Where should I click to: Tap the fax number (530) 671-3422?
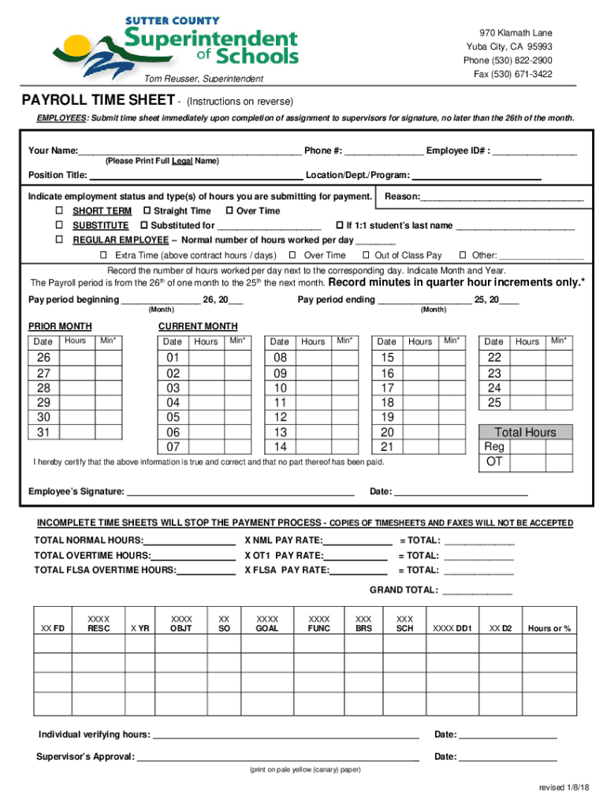click(x=513, y=74)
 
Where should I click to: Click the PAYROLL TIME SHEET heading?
click(x=98, y=101)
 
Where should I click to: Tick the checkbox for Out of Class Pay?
click(x=367, y=255)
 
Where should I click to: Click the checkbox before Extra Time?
click(x=103, y=255)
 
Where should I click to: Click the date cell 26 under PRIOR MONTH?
click(x=43, y=358)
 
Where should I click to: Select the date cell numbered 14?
click(x=280, y=447)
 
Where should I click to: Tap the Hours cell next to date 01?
click(x=206, y=358)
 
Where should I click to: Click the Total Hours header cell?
click(x=525, y=432)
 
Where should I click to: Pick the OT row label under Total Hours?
click(x=493, y=462)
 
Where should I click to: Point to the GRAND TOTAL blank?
click(x=478, y=591)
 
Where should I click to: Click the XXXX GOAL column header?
click(x=267, y=623)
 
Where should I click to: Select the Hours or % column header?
click(x=549, y=628)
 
